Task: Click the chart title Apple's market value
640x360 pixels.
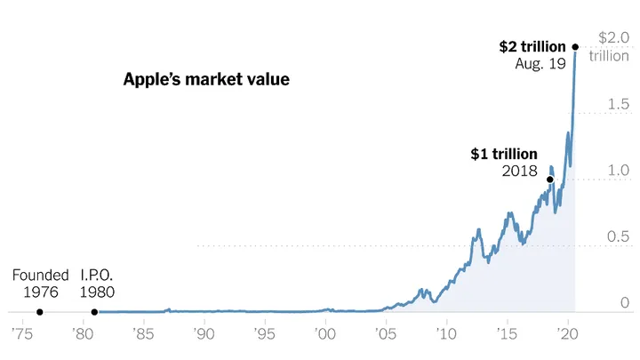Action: click(206, 80)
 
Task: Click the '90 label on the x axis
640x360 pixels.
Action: click(204, 334)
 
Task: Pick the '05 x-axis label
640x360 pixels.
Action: click(386, 334)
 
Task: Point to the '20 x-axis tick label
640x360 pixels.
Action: click(568, 334)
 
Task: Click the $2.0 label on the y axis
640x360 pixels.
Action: click(613, 38)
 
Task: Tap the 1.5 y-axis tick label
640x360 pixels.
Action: click(618, 105)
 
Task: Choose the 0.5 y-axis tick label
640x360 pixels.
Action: click(618, 236)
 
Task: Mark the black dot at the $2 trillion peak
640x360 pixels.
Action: click(575, 46)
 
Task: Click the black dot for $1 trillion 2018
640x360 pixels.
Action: click(550, 180)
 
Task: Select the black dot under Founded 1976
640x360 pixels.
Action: click(39, 312)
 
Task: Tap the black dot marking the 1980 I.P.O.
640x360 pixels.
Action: click(95, 312)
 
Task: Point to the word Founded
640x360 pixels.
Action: click(40, 276)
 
